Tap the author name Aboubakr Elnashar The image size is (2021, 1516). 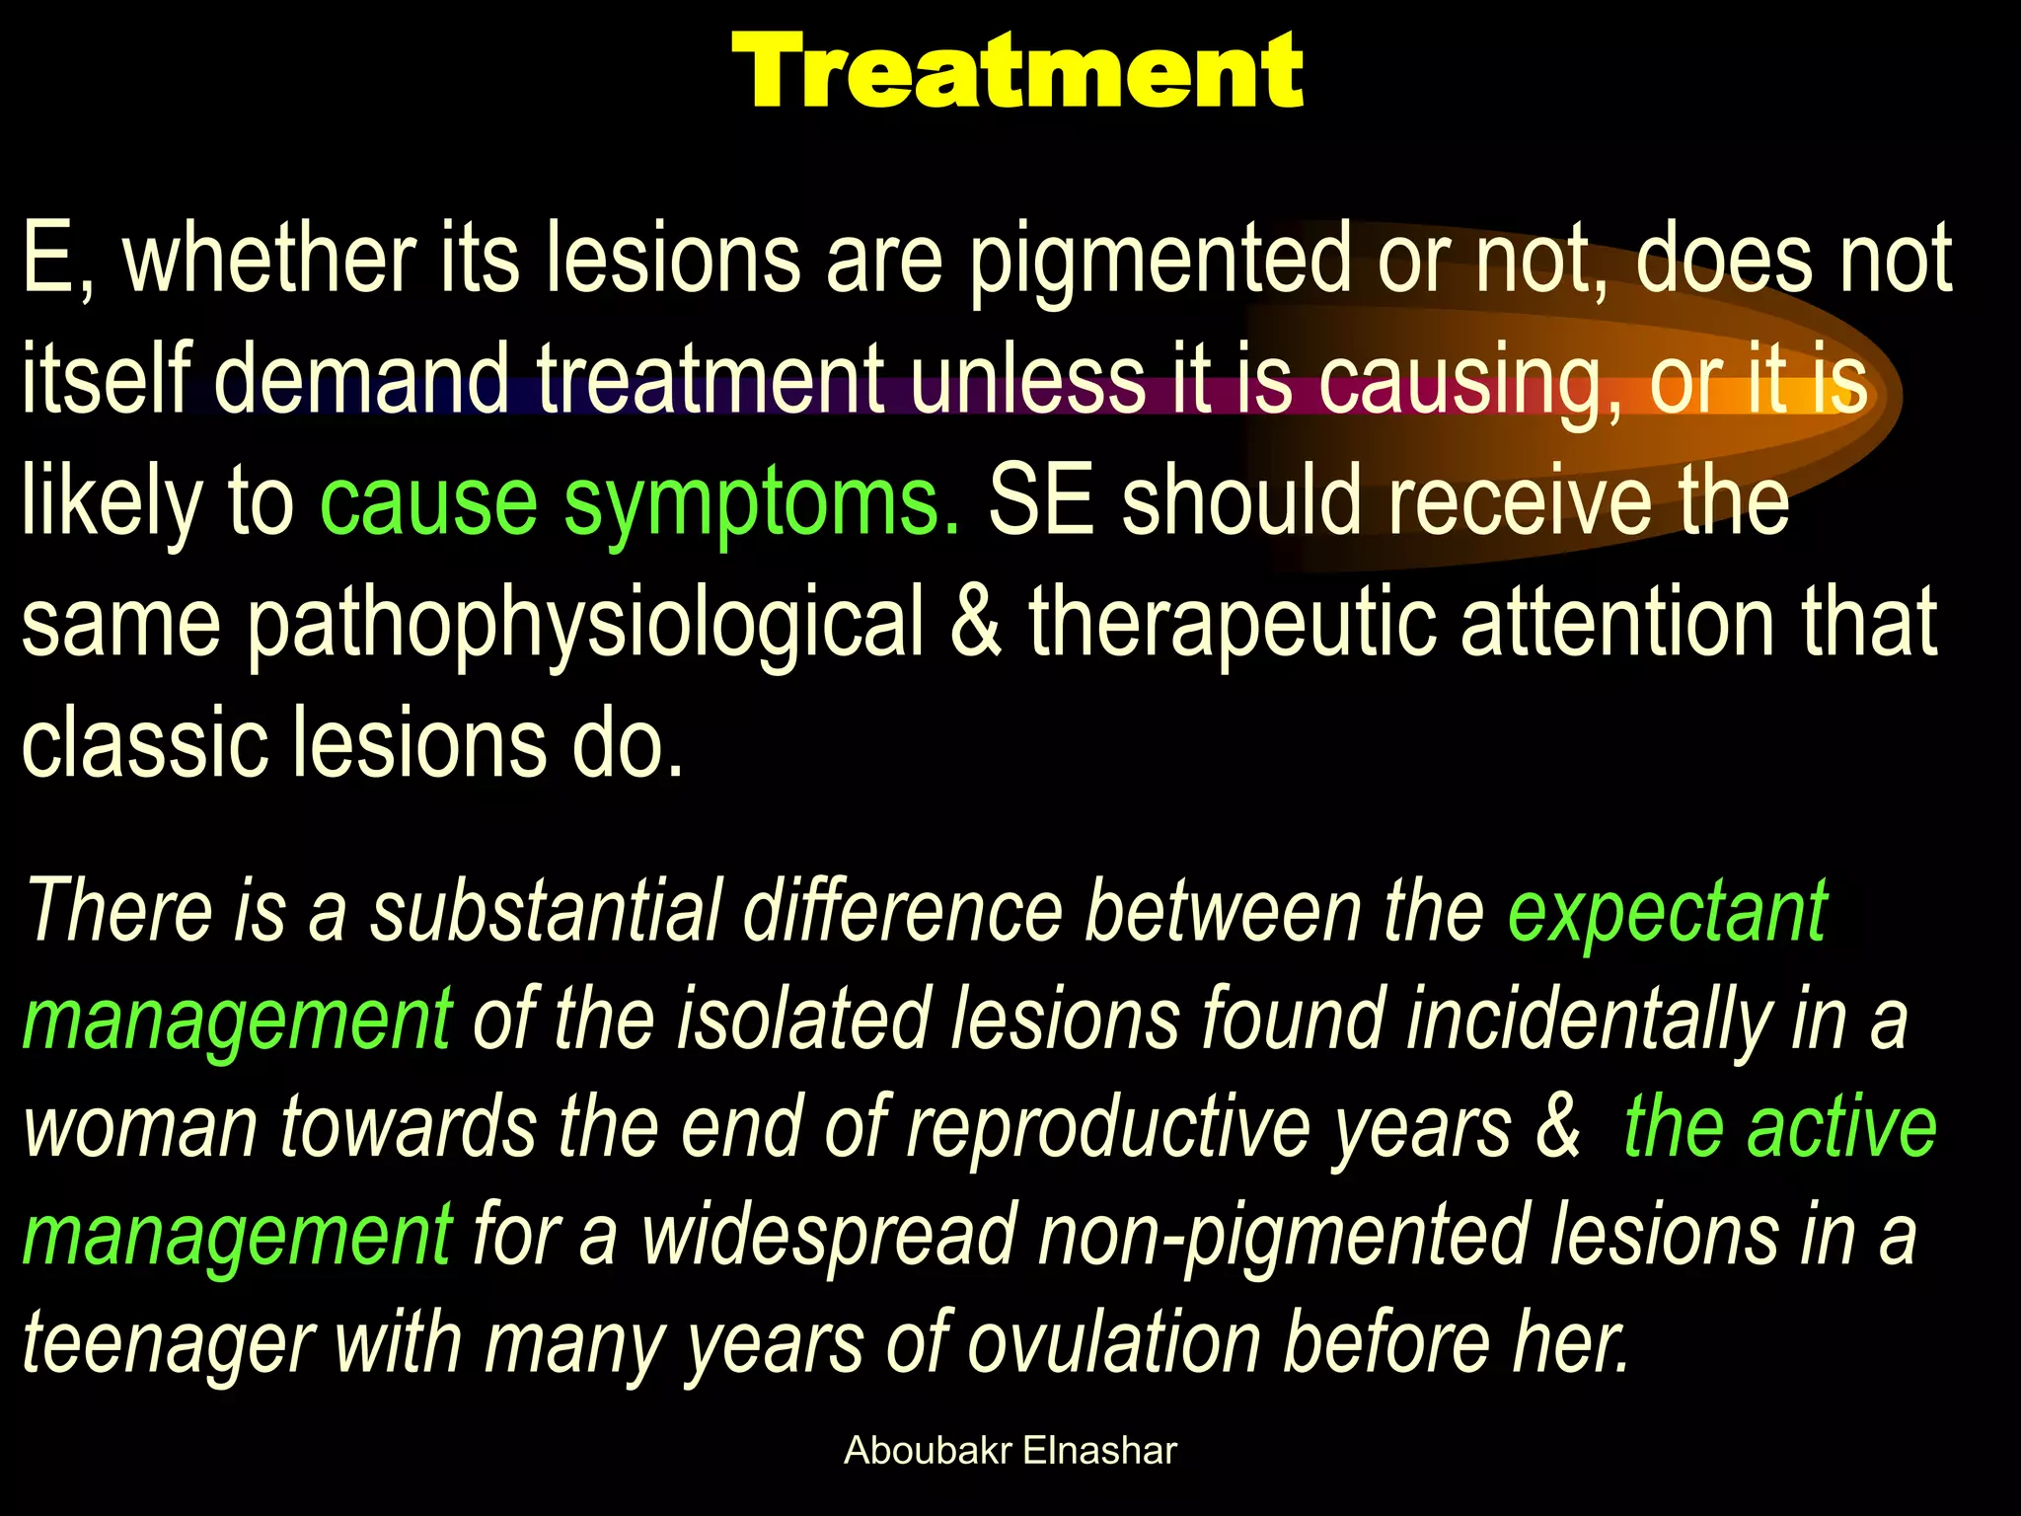(x=1010, y=1451)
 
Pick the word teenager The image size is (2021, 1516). (x=168, y=1344)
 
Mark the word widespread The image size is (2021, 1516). (x=829, y=1236)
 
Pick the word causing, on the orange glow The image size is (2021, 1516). (x=1470, y=383)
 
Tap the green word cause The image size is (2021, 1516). (x=429, y=503)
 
